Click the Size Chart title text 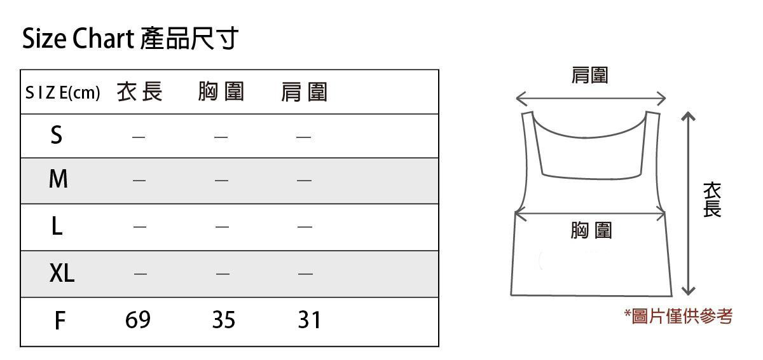coord(130,39)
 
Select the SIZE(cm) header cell coord(62,93)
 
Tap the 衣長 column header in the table coord(140,93)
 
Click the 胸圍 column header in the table coord(221,93)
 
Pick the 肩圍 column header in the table coord(304,93)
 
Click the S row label coord(57,135)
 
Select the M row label coord(58,180)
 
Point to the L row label coord(57,226)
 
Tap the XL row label coord(62,273)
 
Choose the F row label coord(59,321)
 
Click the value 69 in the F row coord(138,320)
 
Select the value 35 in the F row coord(223,320)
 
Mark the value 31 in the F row coord(309,320)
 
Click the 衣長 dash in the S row coord(139,137)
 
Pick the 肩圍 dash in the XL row coord(305,274)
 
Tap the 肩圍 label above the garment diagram coord(590,76)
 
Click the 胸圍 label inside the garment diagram coord(591,230)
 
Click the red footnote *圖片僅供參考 coord(678,316)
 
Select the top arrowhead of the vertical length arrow coord(687,116)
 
